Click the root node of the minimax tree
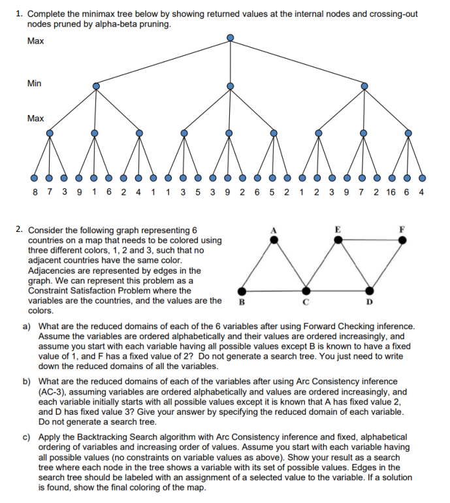(x=230, y=38)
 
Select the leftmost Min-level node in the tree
(x=96, y=86)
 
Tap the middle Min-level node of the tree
(x=230, y=86)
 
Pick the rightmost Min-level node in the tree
(x=364, y=86)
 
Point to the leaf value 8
(x=34, y=193)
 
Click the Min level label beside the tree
(x=35, y=83)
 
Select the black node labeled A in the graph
(x=274, y=240)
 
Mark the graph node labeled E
(x=338, y=240)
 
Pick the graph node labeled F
(x=402, y=240)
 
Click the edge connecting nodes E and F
(x=370, y=240)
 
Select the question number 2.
(x=20, y=230)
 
